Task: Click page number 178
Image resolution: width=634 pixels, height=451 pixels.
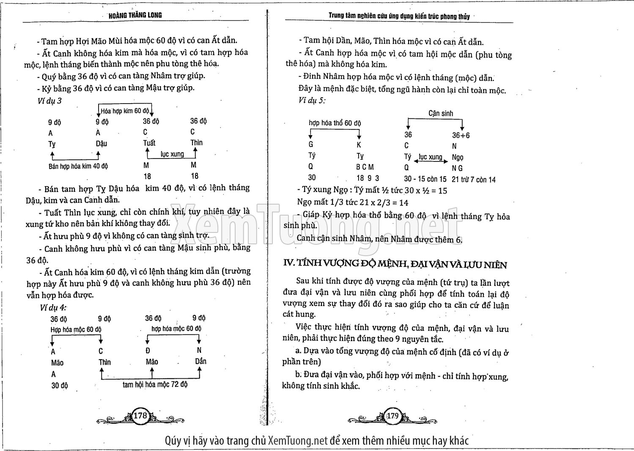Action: [x=140, y=415]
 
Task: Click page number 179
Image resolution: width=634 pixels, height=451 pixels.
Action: [x=393, y=416]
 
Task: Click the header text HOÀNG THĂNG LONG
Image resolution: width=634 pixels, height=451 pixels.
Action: [x=135, y=15]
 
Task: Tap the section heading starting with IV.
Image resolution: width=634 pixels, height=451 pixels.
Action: [x=395, y=265]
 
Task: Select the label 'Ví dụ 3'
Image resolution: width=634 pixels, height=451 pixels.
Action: [x=49, y=101]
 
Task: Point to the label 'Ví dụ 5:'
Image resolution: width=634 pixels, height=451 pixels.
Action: [x=312, y=100]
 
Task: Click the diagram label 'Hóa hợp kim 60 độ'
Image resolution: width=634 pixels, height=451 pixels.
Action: [x=125, y=111]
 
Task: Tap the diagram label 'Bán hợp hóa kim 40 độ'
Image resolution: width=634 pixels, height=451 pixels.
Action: [x=78, y=166]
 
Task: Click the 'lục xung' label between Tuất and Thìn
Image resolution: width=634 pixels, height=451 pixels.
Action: [x=172, y=154]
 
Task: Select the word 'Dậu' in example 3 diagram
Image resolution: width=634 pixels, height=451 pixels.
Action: [x=102, y=144]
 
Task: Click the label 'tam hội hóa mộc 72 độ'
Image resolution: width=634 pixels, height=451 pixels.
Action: [x=155, y=385]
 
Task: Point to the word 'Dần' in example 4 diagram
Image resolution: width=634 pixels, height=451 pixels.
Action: [x=200, y=361]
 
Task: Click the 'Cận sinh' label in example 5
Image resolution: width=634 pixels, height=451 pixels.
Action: [x=440, y=113]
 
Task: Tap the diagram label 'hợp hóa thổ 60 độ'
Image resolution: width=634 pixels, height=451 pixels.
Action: [x=335, y=123]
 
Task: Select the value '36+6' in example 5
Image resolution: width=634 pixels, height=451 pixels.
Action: [x=461, y=135]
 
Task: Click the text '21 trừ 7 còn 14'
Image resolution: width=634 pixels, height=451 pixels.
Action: [x=473, y=180]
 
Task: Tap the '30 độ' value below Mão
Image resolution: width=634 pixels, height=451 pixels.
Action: [x=59, y=385]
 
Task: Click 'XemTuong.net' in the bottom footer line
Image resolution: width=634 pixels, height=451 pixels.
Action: [x=298, y=441]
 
